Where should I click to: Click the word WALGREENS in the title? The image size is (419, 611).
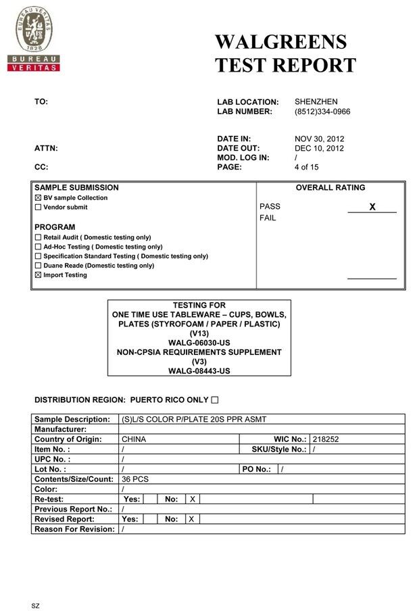point(280,42)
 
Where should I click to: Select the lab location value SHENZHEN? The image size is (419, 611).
point(316,101)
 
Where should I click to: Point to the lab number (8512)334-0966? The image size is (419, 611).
point(322,112)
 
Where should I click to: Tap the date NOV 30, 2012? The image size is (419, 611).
point(319,139)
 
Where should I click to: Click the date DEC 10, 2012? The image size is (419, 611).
point(319,148)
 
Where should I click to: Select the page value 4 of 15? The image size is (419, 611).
point(306,167)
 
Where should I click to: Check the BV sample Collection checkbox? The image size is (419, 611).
point(38,198)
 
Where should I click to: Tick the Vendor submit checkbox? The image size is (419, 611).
point(38,207)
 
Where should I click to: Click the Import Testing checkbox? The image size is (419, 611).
point(38,275)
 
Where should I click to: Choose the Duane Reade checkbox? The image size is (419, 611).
point(38,266)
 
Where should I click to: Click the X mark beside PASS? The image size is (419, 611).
point(372,207)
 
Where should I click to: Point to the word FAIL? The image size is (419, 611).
point(268,218)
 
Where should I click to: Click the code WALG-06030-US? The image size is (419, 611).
point(199,343)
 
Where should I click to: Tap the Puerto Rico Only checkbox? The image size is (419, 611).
point(214,399)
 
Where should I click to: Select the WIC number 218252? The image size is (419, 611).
point(326,439)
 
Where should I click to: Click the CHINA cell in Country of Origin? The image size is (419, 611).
point(134,439)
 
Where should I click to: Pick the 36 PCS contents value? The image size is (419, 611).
point(135,479)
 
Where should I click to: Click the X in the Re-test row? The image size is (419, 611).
point(192,499)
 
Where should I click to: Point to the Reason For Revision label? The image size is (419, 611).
point(74,529)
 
